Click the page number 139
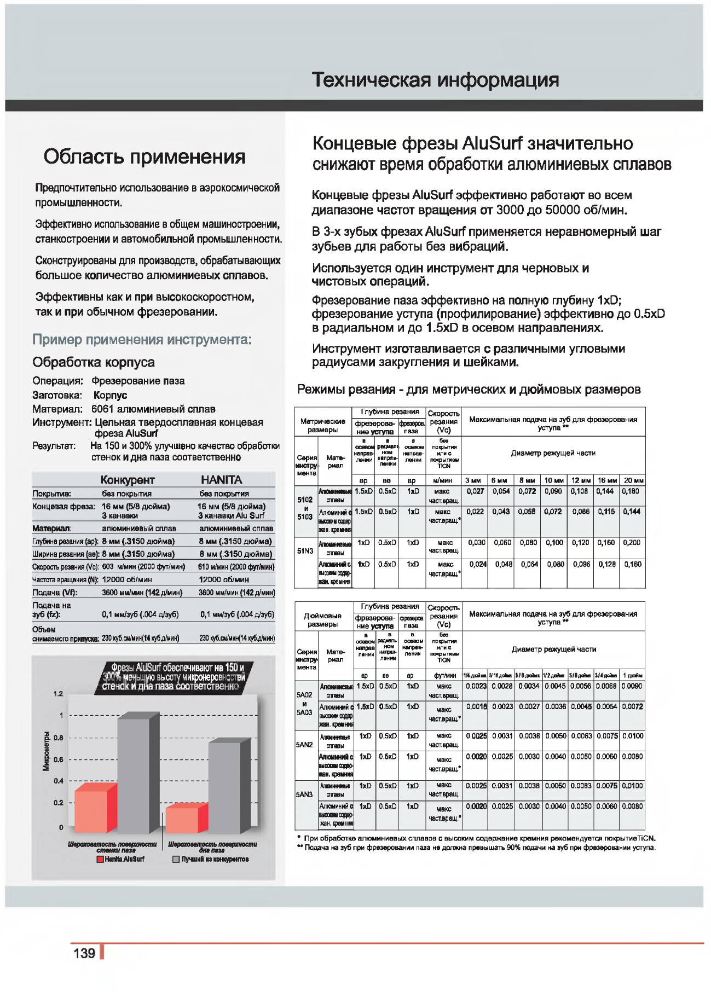click(x=84, y=953)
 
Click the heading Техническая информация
click(x=435, y=80)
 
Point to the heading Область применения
click(x=144, y=156)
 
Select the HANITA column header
click(x=221, y=480)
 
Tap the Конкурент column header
click(x=128, y=480)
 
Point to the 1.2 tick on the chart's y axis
click(x=59, y=694)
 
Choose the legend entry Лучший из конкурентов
click(x=211, y=859)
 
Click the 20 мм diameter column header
click(x=633, y=480)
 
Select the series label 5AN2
click(x=304, y=745)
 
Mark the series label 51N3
click(x=305, y=551)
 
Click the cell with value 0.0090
click(x=632, y=686)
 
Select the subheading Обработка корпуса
click(x=94, y=362)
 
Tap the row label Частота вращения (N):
click(x=65, y=579)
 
